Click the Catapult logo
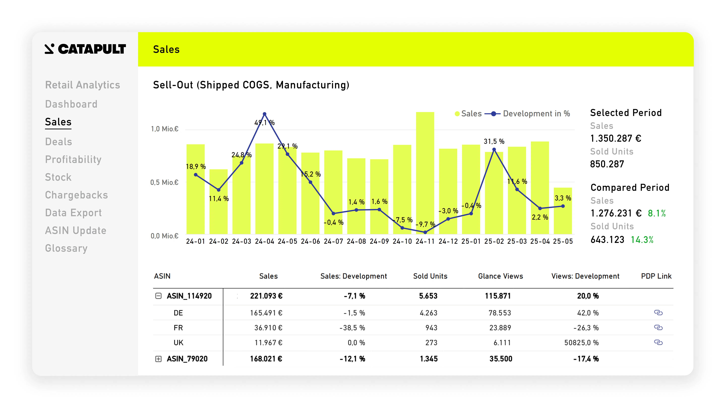[x=85, y=49]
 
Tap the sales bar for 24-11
[x=425, y=173]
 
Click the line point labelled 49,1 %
[x=264, y=114]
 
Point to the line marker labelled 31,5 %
[x=494, y=149]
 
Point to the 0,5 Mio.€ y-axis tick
[x=164, y=182]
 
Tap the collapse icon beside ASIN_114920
[x=158, y=296]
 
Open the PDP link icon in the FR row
[x=658, y=327]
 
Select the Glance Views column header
[x=501, y=276]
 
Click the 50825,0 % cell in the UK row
[x=581, y=343]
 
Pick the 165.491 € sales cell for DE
[x=266, y=313]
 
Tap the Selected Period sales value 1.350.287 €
[x=616, y=138]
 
